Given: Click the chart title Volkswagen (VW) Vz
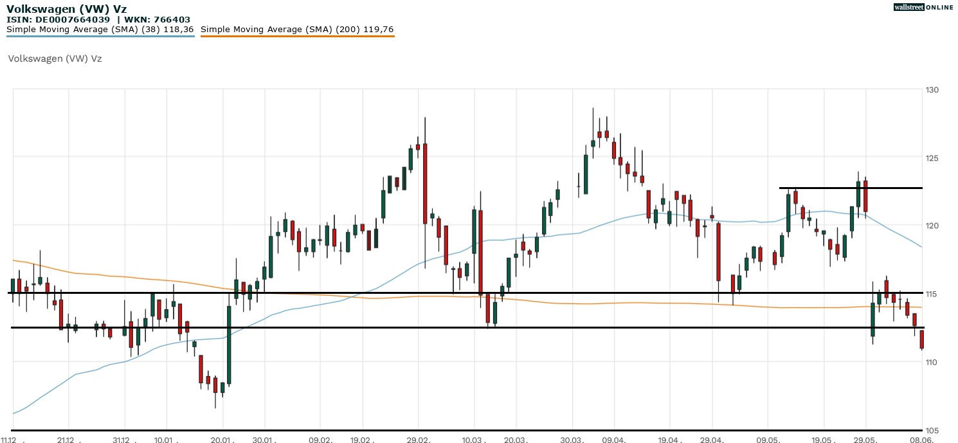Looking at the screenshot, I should [x=67, y=8].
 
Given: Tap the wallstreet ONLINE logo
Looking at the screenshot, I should [x=923, y=7].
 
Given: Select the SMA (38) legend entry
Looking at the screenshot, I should [x=100, y=30].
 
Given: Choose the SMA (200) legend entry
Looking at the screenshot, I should [x=297, y=30].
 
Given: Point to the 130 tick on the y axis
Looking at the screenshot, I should [x=932, y=90].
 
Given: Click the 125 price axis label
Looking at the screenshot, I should [x=932, y=158].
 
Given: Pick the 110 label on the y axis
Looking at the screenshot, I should [x=932, y=362].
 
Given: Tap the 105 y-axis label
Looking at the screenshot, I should [x=932, y=430].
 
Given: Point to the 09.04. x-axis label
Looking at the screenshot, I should [x=615, y=439].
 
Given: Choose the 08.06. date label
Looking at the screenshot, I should [x=921, y=439].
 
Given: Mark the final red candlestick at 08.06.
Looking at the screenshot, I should [x=922, y=339].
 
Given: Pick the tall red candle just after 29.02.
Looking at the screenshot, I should [x=425, y=183].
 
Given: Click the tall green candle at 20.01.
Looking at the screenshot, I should [x=229, y=345].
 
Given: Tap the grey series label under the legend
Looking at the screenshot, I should [x=55, y=59].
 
